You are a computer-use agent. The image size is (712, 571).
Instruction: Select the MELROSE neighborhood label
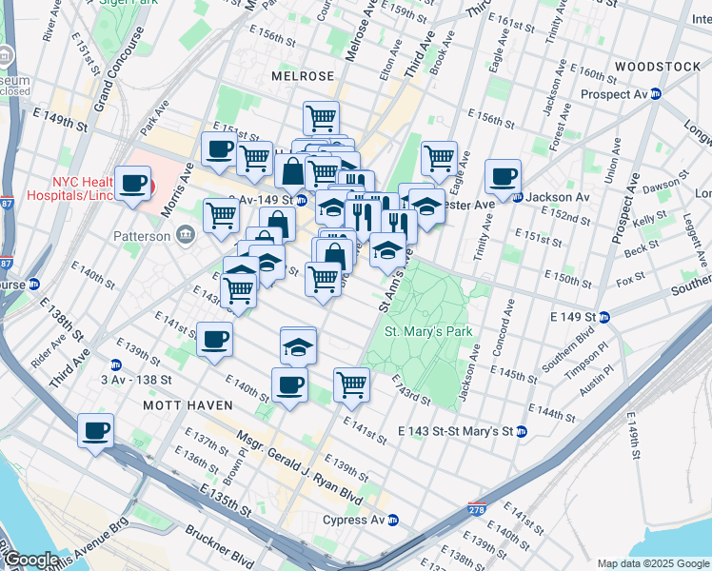303,75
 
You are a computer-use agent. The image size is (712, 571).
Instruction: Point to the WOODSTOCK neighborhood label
657,66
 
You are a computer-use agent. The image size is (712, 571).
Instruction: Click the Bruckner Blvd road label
219,545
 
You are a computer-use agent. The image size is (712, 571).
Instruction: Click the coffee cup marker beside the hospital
133,183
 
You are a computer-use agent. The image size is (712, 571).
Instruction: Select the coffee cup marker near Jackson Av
502,176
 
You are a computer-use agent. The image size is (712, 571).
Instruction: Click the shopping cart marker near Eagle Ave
439,158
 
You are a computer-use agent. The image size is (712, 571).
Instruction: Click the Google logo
31,561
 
